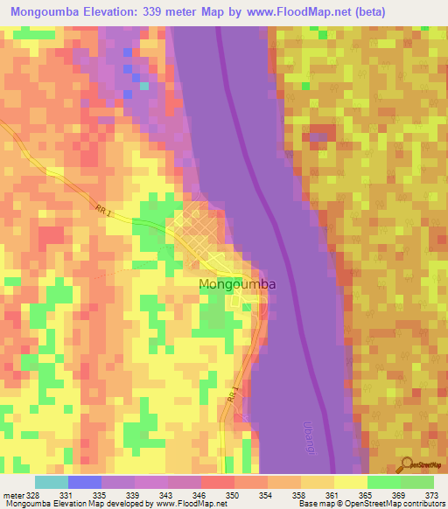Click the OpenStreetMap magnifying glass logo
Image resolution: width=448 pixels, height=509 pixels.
[x=406, y=464]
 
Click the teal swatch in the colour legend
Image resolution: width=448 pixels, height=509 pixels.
[x=52, y=482]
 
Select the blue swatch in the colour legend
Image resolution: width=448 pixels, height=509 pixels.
[x=85, y=482]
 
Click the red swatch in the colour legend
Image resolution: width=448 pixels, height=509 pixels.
[x=217, y=482]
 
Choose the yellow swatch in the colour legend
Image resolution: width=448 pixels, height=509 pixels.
[x=350, y=482]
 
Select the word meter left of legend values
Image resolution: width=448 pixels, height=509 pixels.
[x=11, y=494]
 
